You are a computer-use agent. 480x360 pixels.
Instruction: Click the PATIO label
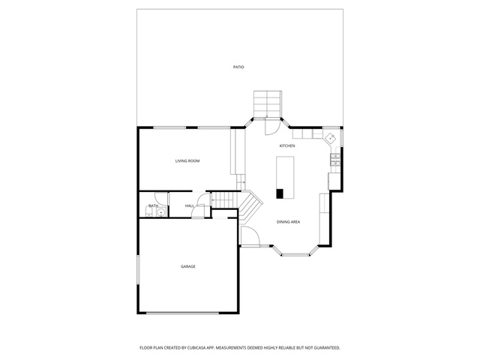(238, 67)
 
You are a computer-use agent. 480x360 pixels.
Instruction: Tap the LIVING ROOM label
(187, 161)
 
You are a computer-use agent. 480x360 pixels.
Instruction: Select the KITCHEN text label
(287, 146)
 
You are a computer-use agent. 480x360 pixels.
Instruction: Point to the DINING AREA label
(288, 222)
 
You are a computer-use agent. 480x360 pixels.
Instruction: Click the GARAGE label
(188, 267)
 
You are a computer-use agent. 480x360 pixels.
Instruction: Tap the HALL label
(190, 206)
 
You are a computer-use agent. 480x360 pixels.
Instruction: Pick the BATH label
(153, 205)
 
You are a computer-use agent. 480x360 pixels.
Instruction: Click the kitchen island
(285, 178)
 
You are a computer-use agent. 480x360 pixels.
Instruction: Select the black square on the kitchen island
(280, 193)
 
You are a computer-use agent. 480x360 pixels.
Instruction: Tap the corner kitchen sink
(331, 138)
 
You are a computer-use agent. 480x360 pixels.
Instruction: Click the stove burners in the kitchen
(335, 160)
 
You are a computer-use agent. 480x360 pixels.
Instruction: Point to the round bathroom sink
(160, 212)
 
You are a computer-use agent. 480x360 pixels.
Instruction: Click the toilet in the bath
(148, 211)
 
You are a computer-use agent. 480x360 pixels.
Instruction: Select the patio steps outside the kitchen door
(268, 104)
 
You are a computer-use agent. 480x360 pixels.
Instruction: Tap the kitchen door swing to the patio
(271, 127)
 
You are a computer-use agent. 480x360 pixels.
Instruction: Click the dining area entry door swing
(250, 236)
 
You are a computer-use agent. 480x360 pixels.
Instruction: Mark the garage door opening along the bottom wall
(182, 313)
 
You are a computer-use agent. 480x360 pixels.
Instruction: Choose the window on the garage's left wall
(138, 269)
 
